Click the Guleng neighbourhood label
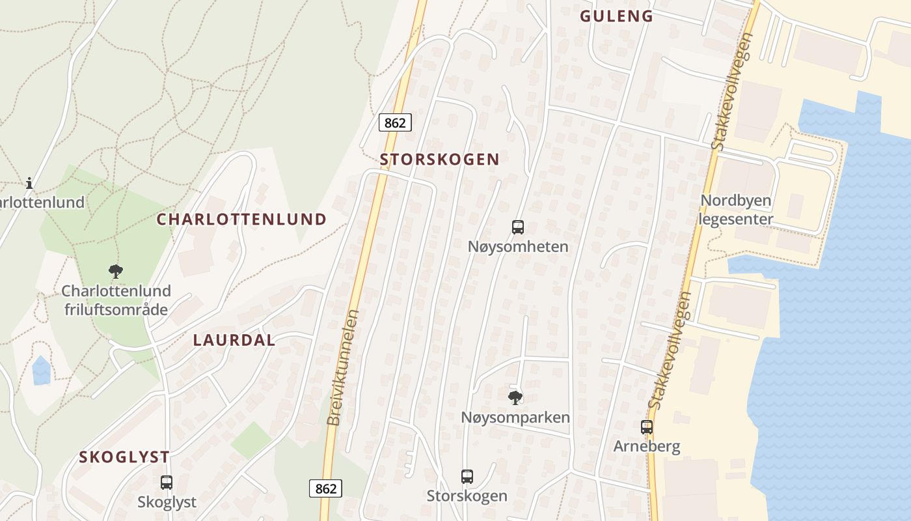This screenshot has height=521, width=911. click(x=616, y=16)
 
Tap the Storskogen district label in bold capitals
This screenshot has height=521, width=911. click(x=440, y=160)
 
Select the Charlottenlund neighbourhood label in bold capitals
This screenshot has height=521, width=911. click(x=241, y=219)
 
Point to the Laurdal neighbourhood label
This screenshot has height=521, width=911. click(x=234, y=340)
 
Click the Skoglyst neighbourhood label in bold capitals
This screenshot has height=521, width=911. click(x=124, y=457)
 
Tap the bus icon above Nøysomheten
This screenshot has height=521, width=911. click(x=518, y=227)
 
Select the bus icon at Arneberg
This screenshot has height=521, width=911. click(x=646, y=427)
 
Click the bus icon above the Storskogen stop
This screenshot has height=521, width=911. click(x=467, y=476)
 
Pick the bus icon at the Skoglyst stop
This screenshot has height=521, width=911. click(x=167, y=483)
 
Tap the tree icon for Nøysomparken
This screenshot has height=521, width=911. click(x=515, y=397)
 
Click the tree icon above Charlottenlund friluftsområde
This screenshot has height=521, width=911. click(x=116, y=271)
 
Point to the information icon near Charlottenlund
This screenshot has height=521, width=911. click(x=29, y=184)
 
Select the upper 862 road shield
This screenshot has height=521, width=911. click(x=395, y=122)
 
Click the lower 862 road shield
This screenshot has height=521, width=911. click(x=325, y=488)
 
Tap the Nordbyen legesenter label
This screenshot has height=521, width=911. click(x=736, y=209)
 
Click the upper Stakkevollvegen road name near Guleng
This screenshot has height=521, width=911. click(x=733, y=91)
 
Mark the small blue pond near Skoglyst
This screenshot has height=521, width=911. click(x=41, y=370)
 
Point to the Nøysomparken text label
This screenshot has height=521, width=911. click(x=515, y=417)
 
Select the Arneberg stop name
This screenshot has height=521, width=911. click(x=647, y=447)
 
